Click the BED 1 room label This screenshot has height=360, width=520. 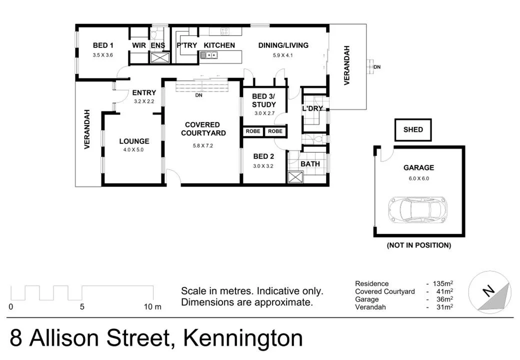click(x=103, y=45)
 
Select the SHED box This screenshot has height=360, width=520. click(x=413, y=130)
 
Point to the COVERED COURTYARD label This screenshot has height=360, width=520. click(x=203, y=129)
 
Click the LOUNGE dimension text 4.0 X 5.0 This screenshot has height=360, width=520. click(x=133, y=149)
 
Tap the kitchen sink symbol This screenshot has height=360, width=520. click(x=208, y=55)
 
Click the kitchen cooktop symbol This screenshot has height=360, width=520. click(x=224, y=31)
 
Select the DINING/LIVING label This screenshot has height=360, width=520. click(x=283, y=45)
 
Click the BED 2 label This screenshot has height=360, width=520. click(x=263, y=156)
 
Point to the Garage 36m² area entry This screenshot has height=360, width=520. click(x=404, y=299)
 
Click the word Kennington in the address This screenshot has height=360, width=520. click(x=243, y=338)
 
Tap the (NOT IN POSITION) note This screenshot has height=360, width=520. click(x=418, y=245)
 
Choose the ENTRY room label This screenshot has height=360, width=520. click(x=144, y=92)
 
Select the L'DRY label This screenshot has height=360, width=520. click(x=312, y=108)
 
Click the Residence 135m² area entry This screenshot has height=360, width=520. click(x=404, y=283)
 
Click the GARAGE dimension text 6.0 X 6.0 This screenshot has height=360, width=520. click(x=418, y=178)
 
